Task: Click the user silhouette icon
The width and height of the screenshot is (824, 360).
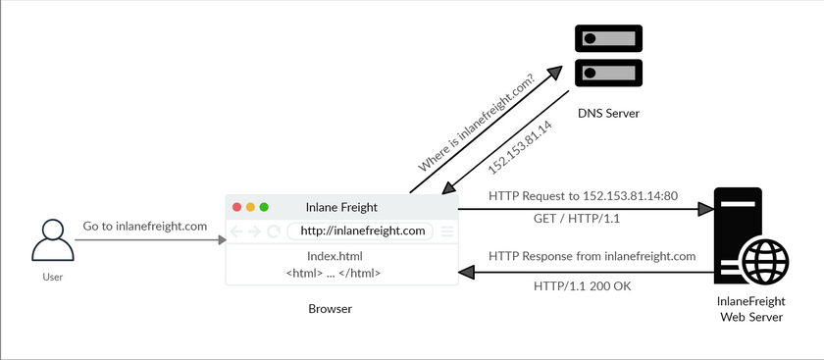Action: point(52,241)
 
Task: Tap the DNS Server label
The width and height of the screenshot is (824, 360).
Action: point(607,114)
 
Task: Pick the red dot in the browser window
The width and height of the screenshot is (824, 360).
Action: point(237,207)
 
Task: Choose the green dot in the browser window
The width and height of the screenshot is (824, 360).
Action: point(264,207)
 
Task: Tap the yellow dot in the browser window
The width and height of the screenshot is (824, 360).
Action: point(251,207)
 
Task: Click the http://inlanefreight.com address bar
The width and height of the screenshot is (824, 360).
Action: point(362,231)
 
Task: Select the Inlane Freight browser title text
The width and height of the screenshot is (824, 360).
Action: point(342,207)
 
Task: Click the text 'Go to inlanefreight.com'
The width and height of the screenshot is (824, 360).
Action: point(145,226)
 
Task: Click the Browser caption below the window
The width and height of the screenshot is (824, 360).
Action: point(330,309)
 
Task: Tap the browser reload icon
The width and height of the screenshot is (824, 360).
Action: point(274,231)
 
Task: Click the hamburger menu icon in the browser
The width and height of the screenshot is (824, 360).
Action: point(446,231)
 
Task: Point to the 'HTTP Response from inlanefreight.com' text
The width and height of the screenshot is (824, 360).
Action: point(592,256)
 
